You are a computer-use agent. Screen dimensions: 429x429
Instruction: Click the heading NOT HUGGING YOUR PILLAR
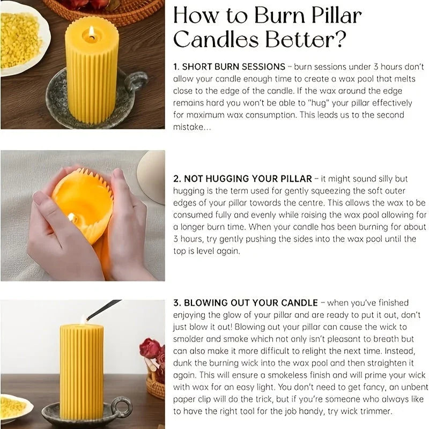(x=247, y=179)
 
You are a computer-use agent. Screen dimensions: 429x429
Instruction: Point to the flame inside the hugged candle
(x=71, y=217)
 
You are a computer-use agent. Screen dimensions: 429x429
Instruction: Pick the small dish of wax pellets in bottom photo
(x=13, y=408)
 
